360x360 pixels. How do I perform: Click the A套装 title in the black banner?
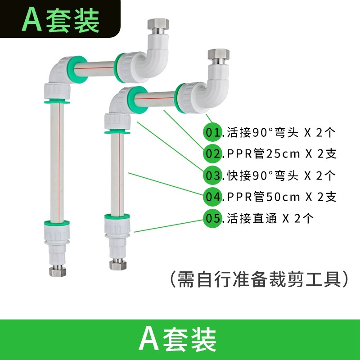pyautogui.click(x=61, y=21)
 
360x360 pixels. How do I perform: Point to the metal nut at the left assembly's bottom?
pyautogui.click(x=56, y=271)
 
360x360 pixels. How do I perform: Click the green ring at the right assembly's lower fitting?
pyautogui.click(x=117, y=213)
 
